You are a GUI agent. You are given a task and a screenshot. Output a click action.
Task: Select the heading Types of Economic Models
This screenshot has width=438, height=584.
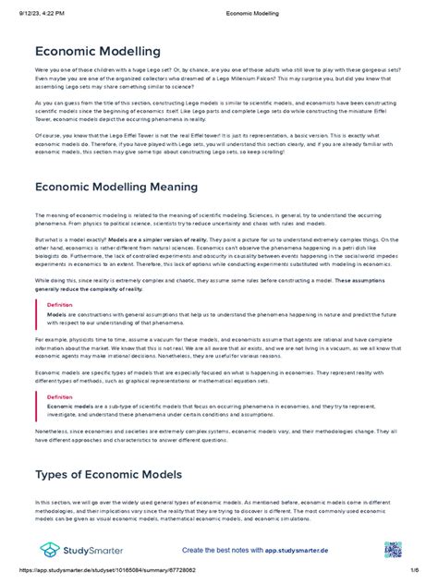108,474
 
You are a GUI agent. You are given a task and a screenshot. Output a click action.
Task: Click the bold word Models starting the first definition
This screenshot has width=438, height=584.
56,313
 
